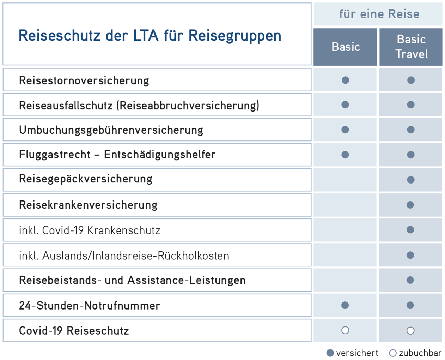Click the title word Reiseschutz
click(59, 36)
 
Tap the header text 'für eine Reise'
click(379, 14)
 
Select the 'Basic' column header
click(346, 47)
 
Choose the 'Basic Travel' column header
click(411, 47)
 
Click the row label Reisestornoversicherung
click(84, 80)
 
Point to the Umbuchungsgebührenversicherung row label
click(111, 130)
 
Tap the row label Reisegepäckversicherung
click(86, 179)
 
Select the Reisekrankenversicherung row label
click(88, 205)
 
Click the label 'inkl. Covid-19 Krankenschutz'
click(90, 230)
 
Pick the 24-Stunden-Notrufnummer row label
click(90, 306)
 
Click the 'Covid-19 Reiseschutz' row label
click(74, 331)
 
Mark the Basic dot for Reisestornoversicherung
click(346, 80)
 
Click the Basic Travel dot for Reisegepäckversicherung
click(410, 180)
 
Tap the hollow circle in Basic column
click(345, 330)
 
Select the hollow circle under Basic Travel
click(410, 331)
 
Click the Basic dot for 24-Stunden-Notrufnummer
click(345, 305)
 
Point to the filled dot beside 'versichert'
click(330, 353)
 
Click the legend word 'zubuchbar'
click(420, 353)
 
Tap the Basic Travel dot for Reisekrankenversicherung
click(410, 205)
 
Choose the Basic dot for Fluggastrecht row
click(345, 155)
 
